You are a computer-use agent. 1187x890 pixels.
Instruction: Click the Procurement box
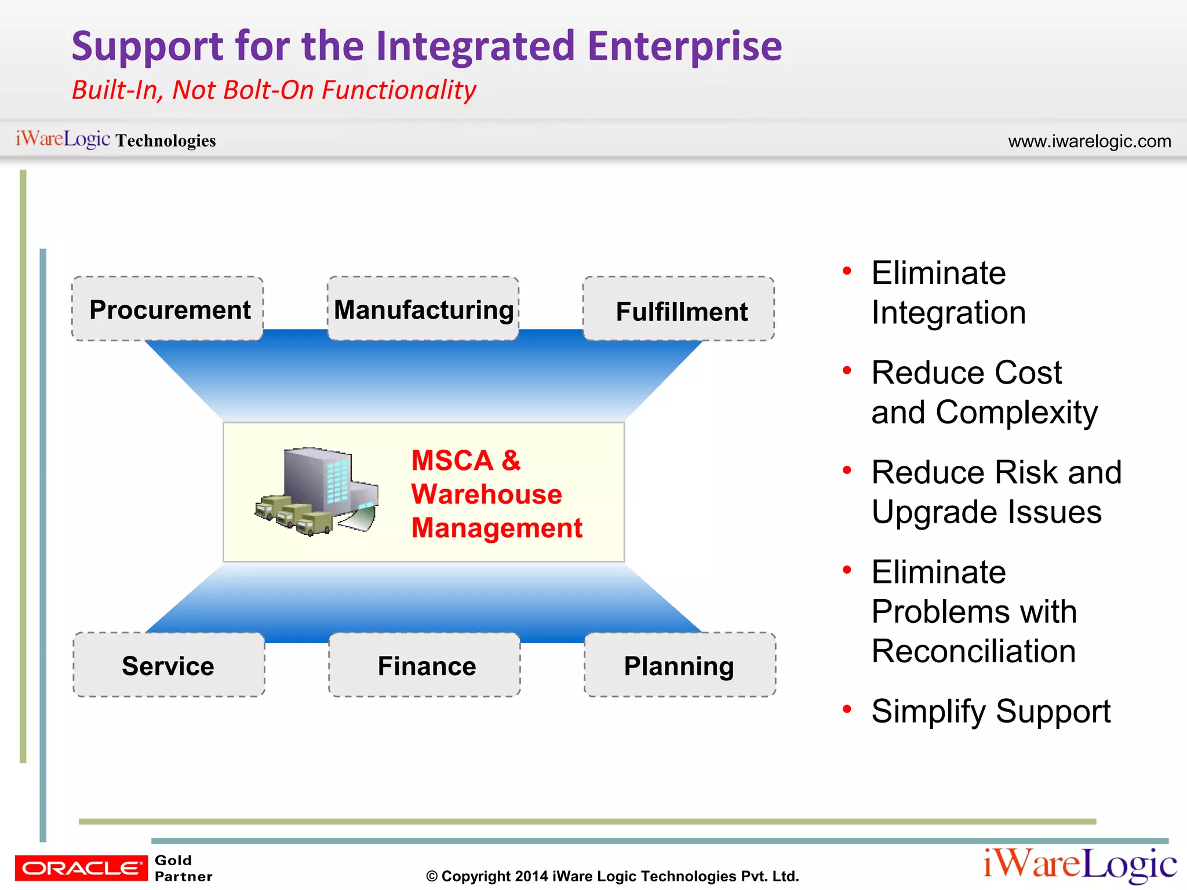(168, 309)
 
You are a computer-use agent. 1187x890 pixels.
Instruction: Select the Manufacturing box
(423, 309)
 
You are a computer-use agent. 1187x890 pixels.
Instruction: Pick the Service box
(169, 665)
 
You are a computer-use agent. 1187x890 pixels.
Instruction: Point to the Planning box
(680, 665)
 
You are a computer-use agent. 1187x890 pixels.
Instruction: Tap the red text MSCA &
(466, 461)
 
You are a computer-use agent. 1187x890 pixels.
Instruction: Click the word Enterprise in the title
(684, 46)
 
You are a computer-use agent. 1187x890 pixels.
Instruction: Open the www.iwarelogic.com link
(1089, 141)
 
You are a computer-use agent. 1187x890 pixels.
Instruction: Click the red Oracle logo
(81, 867)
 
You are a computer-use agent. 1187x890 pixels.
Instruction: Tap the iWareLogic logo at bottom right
(1080, 864)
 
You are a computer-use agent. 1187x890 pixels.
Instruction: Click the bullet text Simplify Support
(991, 711)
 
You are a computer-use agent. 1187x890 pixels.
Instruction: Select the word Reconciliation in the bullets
(974, 651)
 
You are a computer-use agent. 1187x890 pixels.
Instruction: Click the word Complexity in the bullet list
(1017, 413)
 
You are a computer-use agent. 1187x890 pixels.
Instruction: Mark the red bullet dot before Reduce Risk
(847, 470)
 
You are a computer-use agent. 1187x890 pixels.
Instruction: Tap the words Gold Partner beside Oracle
(183, 868)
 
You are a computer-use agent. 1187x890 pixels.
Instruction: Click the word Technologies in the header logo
(166, 141)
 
